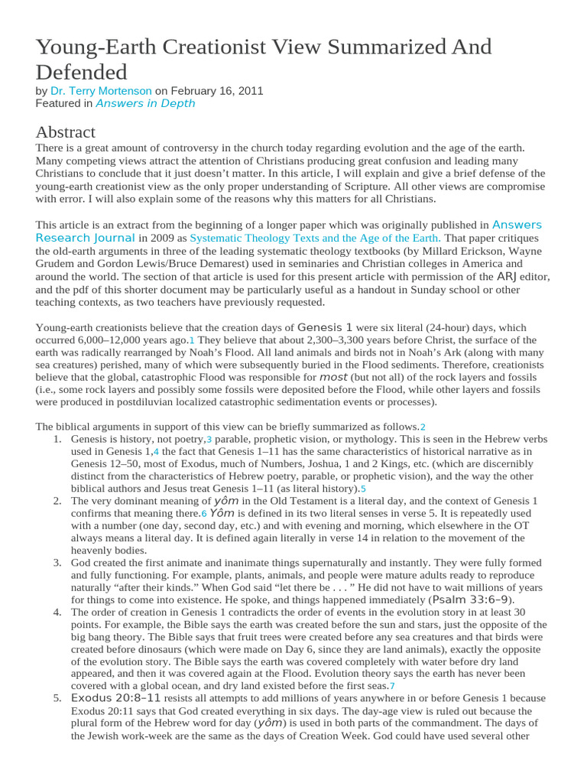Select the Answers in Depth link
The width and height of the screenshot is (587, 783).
(145, 103)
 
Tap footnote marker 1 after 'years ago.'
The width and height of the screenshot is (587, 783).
(192, 340)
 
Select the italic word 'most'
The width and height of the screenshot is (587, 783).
(333, 377)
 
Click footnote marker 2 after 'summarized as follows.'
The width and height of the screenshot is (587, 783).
(423, 427)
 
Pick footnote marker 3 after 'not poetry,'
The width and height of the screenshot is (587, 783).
(208, 440)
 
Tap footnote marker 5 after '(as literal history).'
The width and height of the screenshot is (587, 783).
(364, 489)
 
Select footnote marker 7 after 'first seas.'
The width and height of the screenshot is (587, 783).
(392, 686)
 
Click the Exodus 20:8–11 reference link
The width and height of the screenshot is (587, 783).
(116, 698)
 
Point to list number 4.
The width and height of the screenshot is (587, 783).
(57, 612)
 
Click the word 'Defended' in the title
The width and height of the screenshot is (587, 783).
(81, 72)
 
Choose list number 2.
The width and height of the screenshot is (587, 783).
(57, 501)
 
